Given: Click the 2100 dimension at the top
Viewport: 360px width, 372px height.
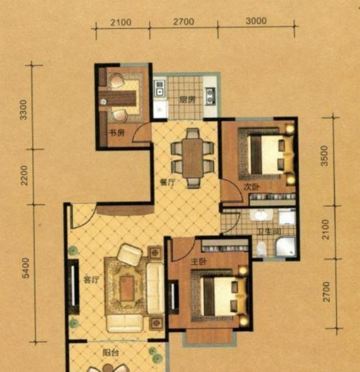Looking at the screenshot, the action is (x=121, y=22).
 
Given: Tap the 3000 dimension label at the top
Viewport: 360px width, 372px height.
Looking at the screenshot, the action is (x=256, y=21).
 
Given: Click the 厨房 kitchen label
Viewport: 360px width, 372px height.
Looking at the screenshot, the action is (x=187, y=100).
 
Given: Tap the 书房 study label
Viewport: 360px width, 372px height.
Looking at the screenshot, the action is (x=116, y=133).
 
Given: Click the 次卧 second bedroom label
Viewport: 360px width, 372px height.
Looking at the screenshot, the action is (x=252, y=187).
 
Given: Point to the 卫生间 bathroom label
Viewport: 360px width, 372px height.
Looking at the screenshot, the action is (x=270, y=232).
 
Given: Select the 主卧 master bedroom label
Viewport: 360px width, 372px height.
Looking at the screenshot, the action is (x=199, y=262).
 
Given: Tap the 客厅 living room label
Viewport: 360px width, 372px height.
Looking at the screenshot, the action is (x=91, y=280).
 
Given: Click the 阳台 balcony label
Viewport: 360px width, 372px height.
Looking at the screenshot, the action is (x=111, y=353).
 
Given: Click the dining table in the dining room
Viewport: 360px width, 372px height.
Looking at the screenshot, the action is (x=192, y=158).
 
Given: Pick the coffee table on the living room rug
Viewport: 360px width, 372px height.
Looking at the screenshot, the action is (x=127, y=288).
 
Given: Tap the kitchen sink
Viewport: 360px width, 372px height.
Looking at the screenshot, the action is (x=160, y=88).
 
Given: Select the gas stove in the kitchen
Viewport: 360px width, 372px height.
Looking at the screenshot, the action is (x=210, y=96).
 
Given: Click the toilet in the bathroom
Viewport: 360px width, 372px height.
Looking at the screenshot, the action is (x=262, y=249).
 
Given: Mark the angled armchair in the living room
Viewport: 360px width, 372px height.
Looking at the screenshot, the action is (x=130, y=255).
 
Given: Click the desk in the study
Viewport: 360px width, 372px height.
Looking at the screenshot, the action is (x=118, y=99).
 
